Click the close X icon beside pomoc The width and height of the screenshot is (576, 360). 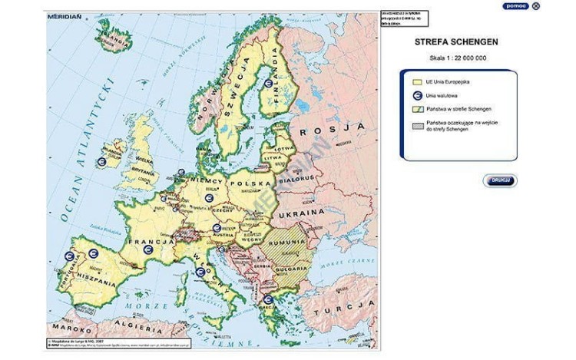(535, 6)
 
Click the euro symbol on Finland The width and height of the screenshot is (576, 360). (267, 84)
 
